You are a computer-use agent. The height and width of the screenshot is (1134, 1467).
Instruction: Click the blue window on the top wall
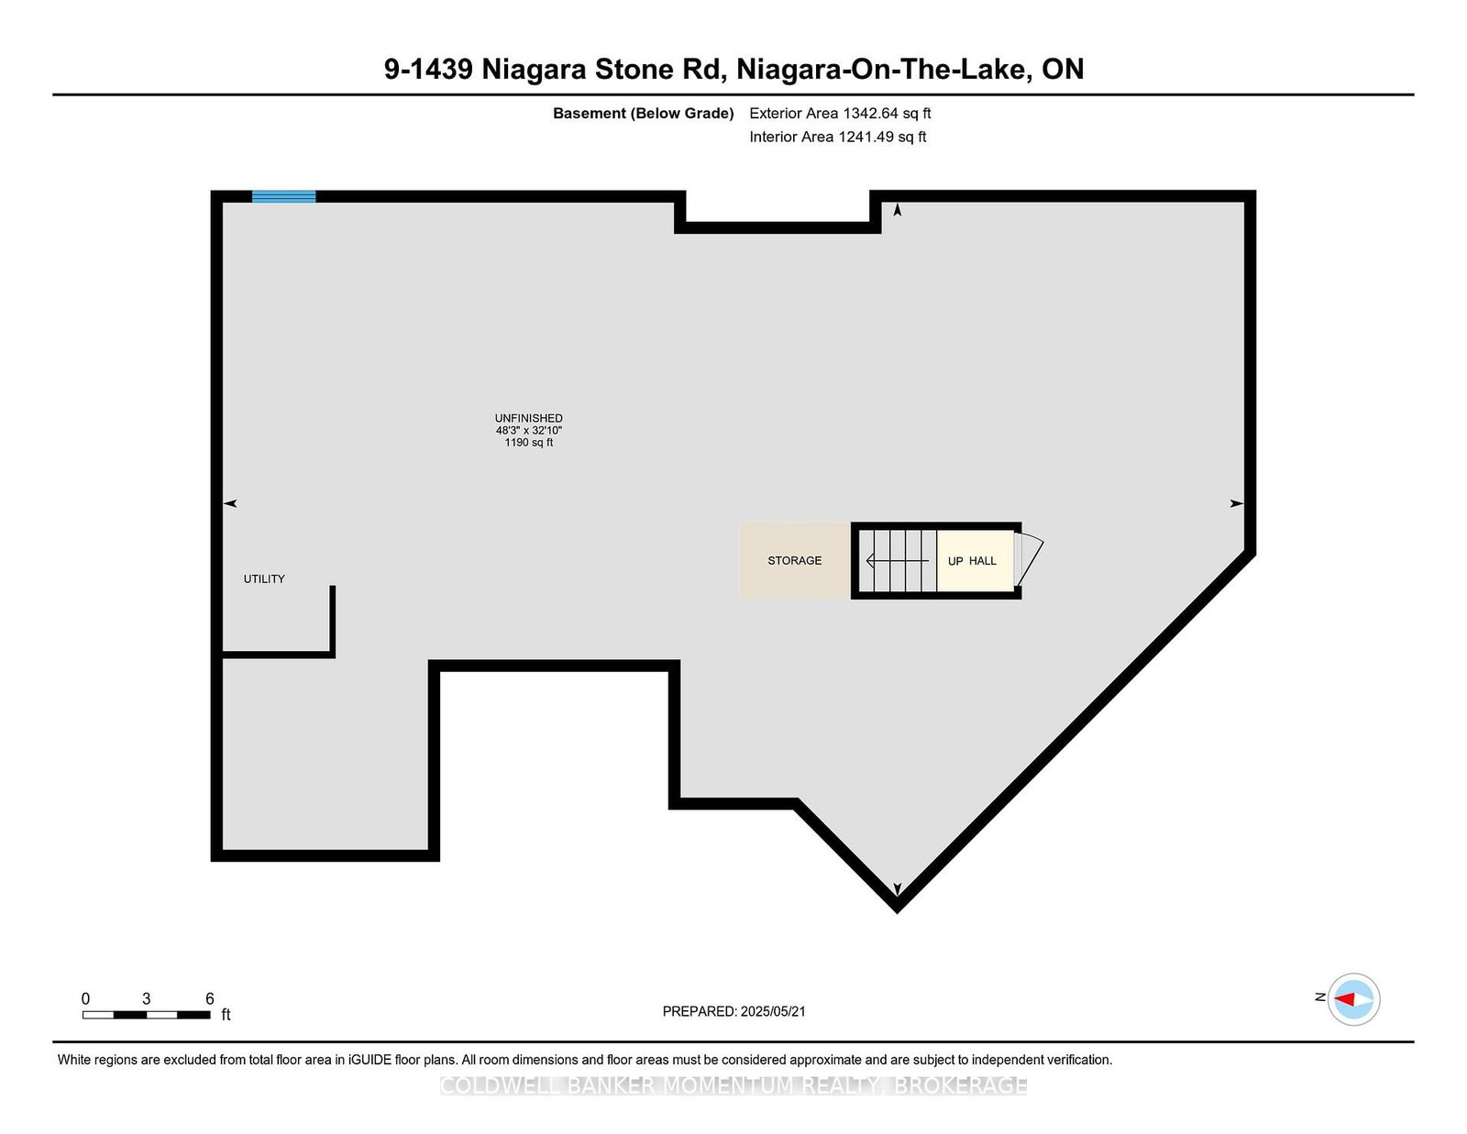pos(283,196)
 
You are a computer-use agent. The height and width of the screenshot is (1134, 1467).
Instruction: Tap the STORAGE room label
pos(795,560)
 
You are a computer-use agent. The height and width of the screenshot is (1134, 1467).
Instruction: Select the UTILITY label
pos(264,578)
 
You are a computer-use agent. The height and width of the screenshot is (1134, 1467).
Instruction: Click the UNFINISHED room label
pos(529,418)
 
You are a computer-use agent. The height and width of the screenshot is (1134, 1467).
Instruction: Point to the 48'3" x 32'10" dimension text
pos(529,430)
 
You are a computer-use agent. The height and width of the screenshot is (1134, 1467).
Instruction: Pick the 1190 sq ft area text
pos(529,442)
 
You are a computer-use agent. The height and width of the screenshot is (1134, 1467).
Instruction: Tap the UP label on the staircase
pos(955,561)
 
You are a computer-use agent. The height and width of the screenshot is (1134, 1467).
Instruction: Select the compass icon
pos(1353,998)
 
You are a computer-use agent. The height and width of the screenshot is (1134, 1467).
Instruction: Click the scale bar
pos(147,1015)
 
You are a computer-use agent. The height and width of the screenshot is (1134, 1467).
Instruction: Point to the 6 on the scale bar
pos(210,998)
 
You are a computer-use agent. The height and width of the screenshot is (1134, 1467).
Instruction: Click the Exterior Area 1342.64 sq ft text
pos(840,114)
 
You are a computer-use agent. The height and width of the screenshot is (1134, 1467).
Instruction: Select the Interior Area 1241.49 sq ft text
pos(838,137)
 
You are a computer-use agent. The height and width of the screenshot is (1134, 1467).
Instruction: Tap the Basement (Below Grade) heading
pos(643,114)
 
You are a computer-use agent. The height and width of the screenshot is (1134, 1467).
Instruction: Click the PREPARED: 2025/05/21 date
pos(733,1011)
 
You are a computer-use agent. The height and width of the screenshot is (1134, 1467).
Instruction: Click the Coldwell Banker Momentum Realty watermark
pos(733,1085)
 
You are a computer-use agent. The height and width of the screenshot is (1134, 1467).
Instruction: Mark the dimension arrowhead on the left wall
pos(231,503)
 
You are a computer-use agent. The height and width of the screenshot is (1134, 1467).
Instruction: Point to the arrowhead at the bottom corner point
pos(898,888)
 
